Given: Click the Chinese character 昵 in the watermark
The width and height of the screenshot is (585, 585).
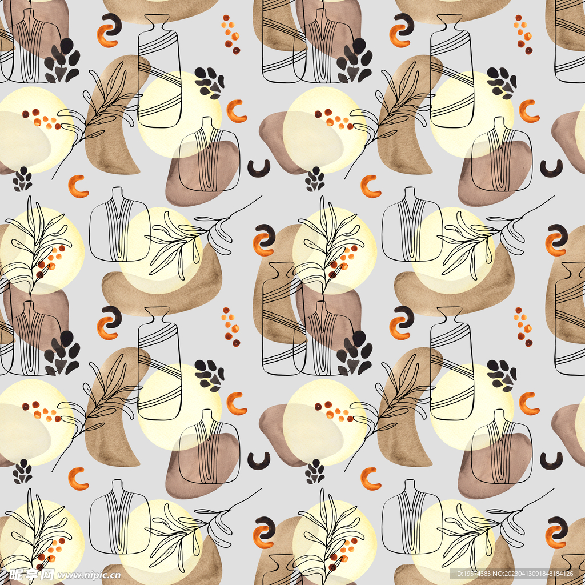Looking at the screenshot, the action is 16,575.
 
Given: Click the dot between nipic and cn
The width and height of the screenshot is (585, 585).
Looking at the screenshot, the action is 106,579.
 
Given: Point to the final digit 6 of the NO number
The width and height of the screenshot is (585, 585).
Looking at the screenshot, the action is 571,574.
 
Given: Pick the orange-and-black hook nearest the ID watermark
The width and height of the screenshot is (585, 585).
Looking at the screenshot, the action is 555,532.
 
